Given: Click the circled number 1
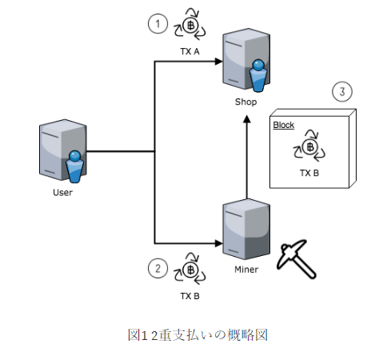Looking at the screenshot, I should [x=158, y=24].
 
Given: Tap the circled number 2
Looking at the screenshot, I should [x=158, y=270].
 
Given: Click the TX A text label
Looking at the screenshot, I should [x=191, y=51].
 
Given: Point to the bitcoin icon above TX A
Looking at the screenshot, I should [x=192, y=25].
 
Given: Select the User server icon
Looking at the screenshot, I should [x=62, y=152].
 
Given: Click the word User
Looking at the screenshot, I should [x=62, y=192].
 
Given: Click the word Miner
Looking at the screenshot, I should [x=245, y=270].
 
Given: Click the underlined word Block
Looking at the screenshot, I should [x=284, y=126].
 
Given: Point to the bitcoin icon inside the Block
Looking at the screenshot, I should [x=309, y=146].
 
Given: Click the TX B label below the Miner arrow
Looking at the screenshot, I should [x=191, y=296].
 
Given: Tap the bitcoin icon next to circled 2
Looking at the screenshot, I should [x=192, y=270].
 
